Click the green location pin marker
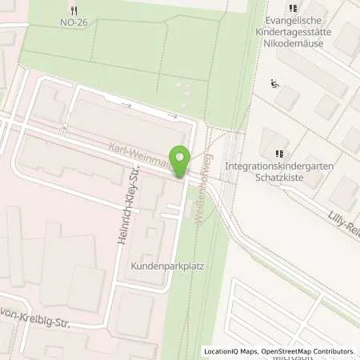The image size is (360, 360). pyautogui.click(x=180, y=162)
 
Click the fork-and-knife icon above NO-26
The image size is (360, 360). pyautogui.click(x=74, y=10)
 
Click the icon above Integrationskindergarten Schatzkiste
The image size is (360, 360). pyautogui.click(x=279, y=154)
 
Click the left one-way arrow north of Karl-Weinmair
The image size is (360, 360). pyautogui.click(x=126, y=104)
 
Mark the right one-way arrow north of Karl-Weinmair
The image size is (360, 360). pyautogui.click(x=171, y=116)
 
